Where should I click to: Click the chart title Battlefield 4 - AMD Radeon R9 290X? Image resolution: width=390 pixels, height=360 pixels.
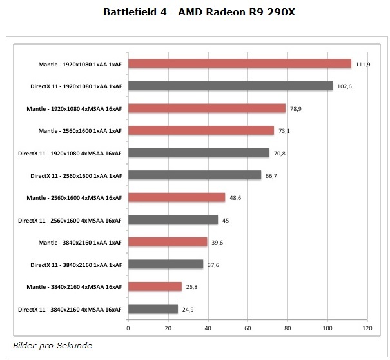click(x=195, y=12)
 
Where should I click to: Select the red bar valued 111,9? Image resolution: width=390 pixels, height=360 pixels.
click(x=240, y=64)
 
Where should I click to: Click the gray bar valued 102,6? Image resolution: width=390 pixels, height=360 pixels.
click(x=231, y=86)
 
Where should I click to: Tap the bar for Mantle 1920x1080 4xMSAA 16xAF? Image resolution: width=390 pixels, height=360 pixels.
click(x=207, y=108)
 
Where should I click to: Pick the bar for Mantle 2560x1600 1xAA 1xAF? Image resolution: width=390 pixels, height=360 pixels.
click(x=201, y=130)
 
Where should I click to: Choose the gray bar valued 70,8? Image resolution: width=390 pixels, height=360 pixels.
click(x=199, y=153)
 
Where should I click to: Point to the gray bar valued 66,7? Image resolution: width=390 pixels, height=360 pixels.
click(x=195, y=175)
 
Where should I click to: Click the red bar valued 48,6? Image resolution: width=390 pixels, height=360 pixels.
click(x=177, y=197)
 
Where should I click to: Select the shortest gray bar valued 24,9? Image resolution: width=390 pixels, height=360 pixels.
click(x=153, y=309)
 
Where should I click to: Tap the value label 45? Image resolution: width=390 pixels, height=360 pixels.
click(x=226, y=220)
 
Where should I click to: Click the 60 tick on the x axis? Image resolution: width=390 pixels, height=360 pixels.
click(x=248, y=328)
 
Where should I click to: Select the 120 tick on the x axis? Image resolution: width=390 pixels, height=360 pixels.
click(x=367, y=328)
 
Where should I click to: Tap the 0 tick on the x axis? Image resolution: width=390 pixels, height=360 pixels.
click(x=129, y=328)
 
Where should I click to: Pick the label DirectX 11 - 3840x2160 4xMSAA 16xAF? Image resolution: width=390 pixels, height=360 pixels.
click(x=70, y=309)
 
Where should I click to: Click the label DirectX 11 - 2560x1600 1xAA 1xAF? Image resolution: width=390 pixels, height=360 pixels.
click(x=76, y=175)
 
